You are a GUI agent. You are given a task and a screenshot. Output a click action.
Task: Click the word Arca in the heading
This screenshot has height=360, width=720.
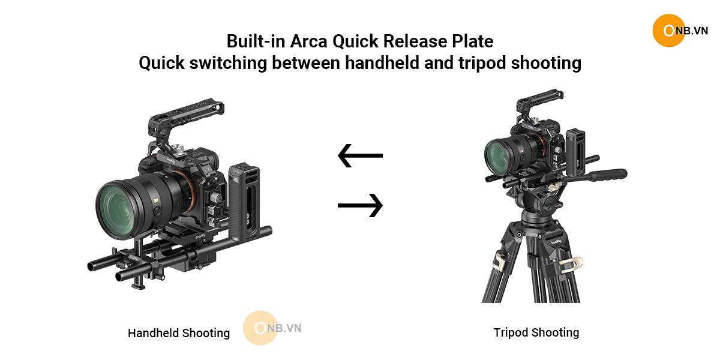(308, 41)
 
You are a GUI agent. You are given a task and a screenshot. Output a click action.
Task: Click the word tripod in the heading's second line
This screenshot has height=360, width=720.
(482, 63)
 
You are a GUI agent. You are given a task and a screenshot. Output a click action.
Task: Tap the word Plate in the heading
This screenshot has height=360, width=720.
(473, 41)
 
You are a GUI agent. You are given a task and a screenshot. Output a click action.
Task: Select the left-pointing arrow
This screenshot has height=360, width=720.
(361, 155)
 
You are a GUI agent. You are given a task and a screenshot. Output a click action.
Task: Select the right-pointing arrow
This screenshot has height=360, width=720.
(361, 205)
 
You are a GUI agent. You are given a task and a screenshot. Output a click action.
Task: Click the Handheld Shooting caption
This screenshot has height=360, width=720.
(179, 334)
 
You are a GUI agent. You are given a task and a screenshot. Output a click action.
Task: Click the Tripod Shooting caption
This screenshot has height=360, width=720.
(536, 332)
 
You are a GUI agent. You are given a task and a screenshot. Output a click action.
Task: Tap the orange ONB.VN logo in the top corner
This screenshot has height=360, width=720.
(680, 31)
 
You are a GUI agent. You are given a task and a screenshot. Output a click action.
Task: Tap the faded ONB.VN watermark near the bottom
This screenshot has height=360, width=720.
(272, 328)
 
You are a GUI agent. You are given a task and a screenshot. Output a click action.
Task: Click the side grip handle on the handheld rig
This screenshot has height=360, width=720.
(245, 203)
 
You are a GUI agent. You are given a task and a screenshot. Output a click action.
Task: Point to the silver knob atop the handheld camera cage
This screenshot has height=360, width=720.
(178, 149)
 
